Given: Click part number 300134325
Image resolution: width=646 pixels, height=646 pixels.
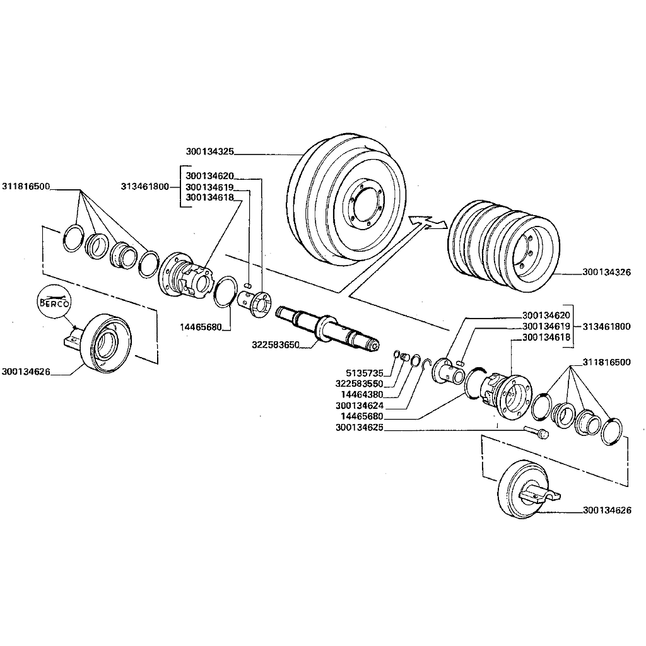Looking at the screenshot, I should [210, 151].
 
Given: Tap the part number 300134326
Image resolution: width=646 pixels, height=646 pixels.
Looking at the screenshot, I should [607, 273].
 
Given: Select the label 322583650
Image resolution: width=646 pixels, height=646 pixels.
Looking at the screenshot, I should [275, 345].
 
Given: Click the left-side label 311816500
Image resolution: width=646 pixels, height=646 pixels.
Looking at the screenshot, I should [26, 187].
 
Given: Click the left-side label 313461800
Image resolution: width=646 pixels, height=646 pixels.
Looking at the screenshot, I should [144, 187].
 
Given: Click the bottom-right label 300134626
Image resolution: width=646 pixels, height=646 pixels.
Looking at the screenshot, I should [607, 510].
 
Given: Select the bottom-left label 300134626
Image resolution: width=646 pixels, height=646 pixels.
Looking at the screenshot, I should [26, 372].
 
